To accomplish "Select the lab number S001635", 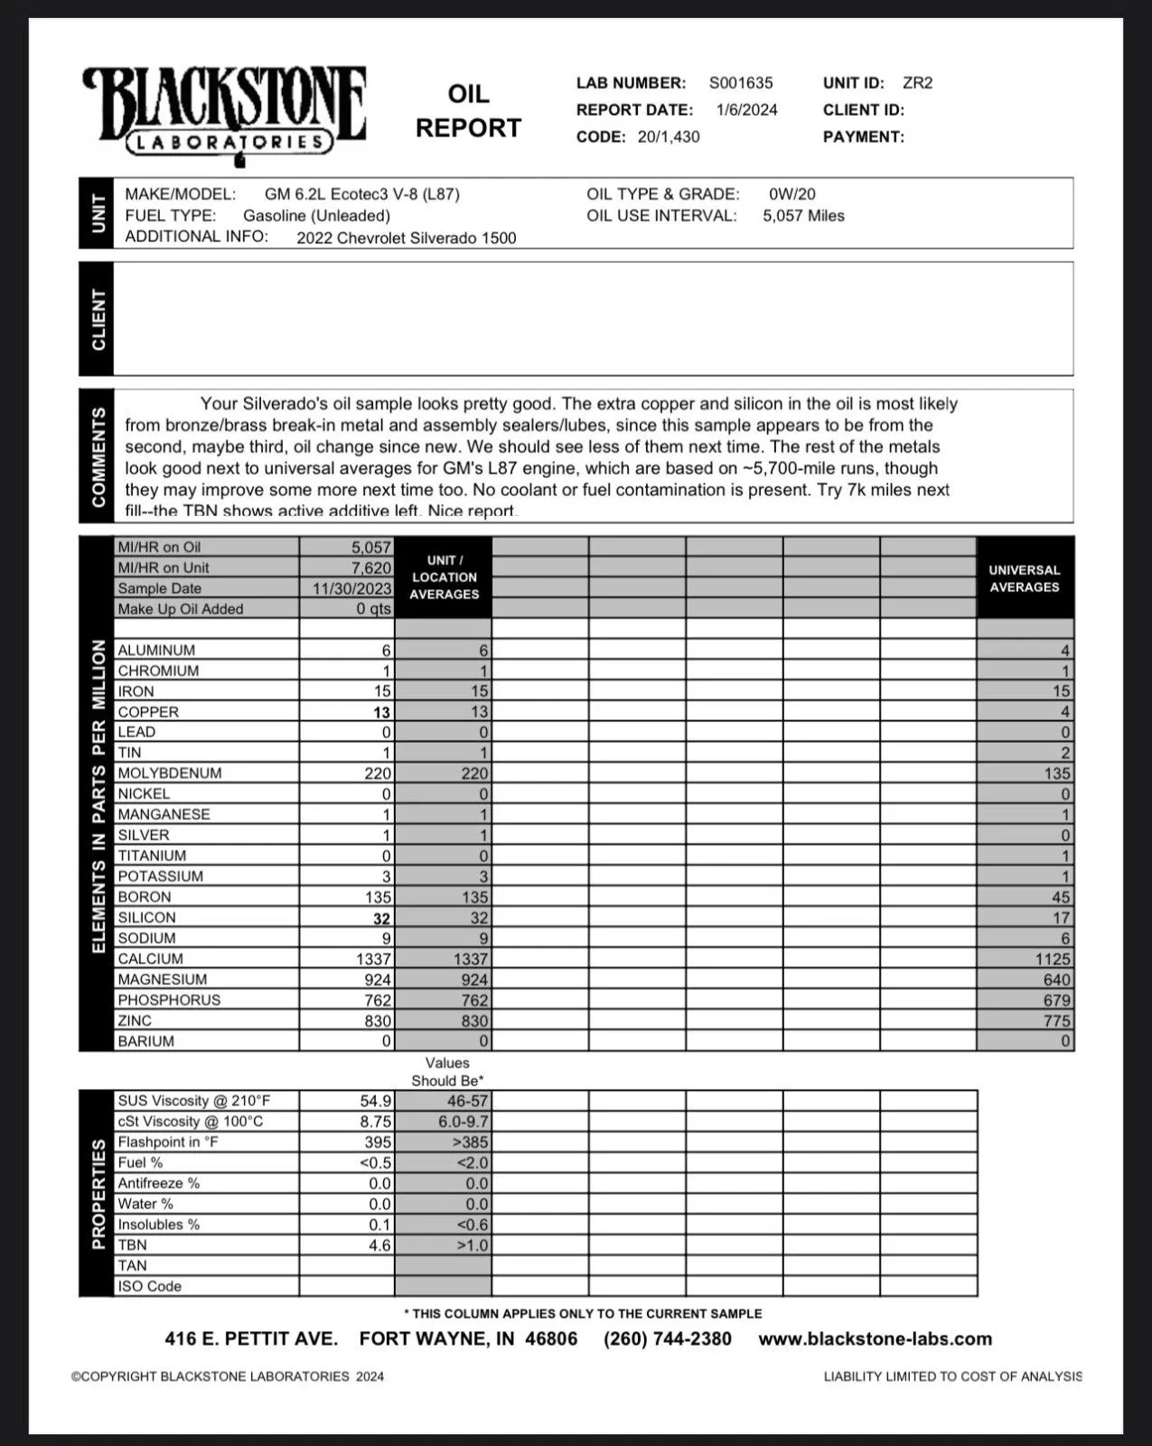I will pos(741,83).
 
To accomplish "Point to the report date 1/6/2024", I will pos(746,110).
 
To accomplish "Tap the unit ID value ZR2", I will pos(917,83).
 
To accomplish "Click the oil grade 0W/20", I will pos(792,194).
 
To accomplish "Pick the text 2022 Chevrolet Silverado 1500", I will pos(407,239).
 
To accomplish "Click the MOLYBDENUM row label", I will pos(169,774).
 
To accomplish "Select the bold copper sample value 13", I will pos(381,712).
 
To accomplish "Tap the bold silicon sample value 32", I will pos(381,918).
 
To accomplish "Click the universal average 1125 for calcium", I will pos(1053,960).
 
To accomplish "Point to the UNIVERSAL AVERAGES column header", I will pos(1024,578).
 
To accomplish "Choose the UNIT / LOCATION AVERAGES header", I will pos(444,577).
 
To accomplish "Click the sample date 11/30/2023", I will pos(352,588).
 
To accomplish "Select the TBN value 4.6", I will pos(379,1245).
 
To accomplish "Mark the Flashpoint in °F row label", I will pos(168,1142).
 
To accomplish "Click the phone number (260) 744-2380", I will pos(668,1339).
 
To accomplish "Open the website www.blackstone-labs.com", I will pos(875,1339).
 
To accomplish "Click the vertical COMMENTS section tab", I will pos(98,456).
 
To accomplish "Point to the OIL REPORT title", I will pos(468,111).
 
